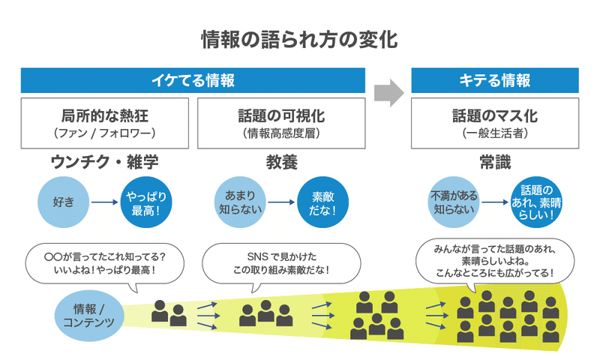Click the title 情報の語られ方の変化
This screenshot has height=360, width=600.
[299, 40]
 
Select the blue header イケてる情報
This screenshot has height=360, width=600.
[193, 80]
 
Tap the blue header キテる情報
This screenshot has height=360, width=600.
[495, 80]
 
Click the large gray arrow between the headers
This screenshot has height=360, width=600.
[388, 93]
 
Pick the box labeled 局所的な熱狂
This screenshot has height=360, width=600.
[105, 123]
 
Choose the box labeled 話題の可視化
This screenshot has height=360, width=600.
[281, 123]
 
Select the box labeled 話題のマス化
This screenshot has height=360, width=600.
[495, 123]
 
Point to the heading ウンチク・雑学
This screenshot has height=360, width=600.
[104, 162]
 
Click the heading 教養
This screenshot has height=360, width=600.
[282, 162]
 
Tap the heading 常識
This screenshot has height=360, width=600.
[495, 162]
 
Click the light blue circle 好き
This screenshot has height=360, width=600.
[64, 202]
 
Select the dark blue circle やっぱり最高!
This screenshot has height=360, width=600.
[146, 202]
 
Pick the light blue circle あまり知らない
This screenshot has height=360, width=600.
[240, 202]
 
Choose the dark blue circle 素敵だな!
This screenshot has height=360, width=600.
[323, 202]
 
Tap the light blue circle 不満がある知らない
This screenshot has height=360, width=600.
[454, 202]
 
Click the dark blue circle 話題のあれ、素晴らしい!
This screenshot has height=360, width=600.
[536, 202]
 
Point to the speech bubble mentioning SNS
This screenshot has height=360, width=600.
[281, 263]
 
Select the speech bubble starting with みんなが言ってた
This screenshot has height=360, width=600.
[495, 261]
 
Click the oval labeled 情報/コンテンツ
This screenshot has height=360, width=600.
[89, 316]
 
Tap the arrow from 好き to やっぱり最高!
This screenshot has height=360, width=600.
[105, 202]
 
